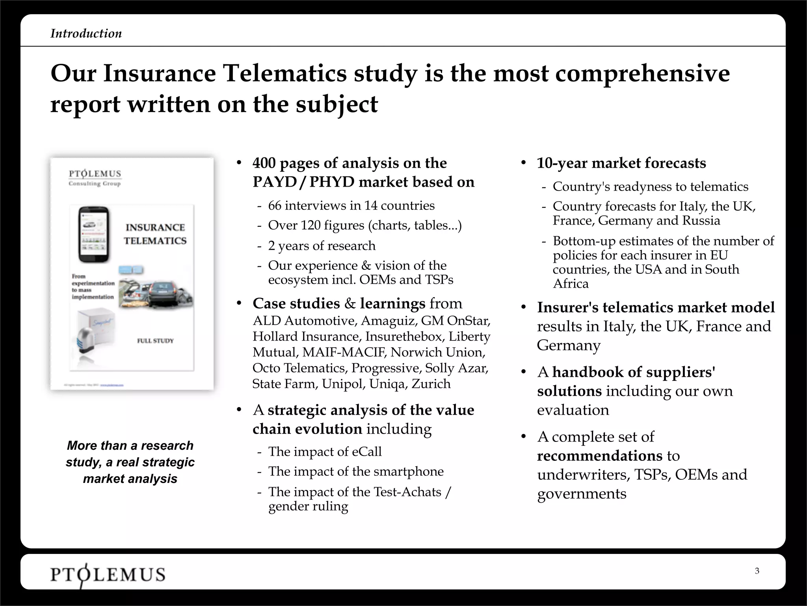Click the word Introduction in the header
[86, 34]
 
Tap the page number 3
[757, 571]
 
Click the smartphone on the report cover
[94, 235]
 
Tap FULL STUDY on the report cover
[155, 340]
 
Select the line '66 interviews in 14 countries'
[351, 206]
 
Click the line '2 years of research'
[322, 246]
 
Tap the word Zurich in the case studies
[431, 384]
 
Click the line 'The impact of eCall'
[325, 452]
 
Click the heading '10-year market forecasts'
[621, 163]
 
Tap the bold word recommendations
[599, 456]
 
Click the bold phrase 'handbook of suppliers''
[634, 372]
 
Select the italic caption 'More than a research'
[130, 445]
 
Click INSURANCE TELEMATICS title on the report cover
[155, 234]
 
